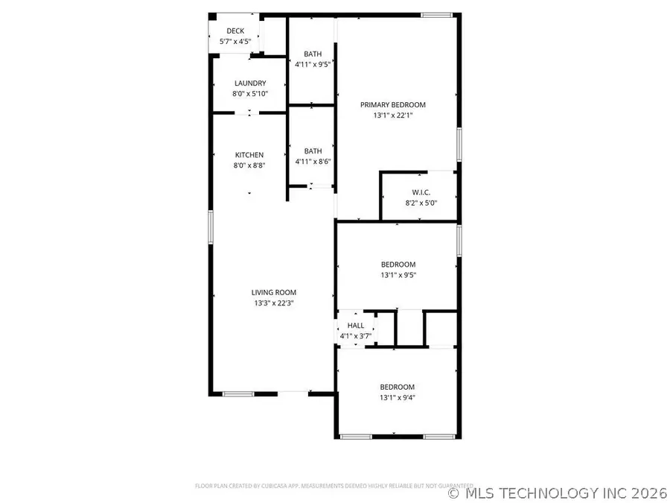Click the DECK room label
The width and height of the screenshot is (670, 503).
coord(235,31)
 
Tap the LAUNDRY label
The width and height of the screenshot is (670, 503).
coord(250,83)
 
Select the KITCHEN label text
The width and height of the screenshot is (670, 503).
coord(249,155)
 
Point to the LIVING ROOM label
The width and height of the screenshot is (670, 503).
coord(274,293)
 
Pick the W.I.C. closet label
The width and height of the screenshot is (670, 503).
coord(421,192)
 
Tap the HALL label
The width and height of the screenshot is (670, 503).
coord(356,326)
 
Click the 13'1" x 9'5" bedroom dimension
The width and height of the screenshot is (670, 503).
coord(398,275)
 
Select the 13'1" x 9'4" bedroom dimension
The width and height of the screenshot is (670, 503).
coord(398,398)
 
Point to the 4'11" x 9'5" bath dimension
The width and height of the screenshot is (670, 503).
coord(313,64)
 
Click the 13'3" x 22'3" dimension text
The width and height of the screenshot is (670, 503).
coord(274,303)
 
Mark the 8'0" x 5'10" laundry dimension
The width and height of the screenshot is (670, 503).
coord(250,94)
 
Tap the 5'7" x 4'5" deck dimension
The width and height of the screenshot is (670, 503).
coord(235,41)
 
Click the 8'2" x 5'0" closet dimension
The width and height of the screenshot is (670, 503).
coord(421,203)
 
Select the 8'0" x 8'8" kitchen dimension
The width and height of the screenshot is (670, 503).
coord(249,165)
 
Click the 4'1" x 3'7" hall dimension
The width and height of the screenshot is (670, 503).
coord(356,336)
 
